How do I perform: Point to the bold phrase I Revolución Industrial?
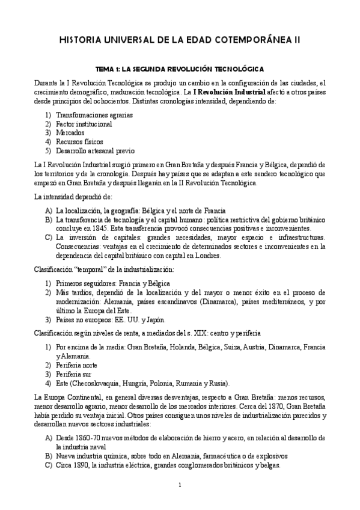pos(230,93)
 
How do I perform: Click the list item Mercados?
pos(70,132)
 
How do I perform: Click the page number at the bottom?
pos(180,485)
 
